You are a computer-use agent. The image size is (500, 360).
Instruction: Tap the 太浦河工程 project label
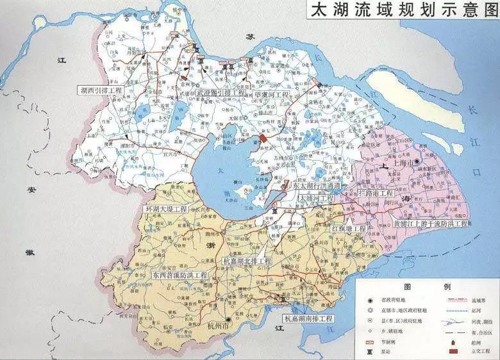click(x=317, y=199)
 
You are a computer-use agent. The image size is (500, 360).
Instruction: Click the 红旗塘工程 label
click(x=349, y=228)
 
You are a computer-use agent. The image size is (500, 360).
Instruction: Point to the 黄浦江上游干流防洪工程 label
click(x=430, y=224)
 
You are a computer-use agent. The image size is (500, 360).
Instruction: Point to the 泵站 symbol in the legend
click(x=370, y=351)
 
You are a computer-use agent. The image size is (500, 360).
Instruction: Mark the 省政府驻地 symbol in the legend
click(x=370, y=300)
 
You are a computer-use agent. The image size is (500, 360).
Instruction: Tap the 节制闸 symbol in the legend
click(x=370, y=341)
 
